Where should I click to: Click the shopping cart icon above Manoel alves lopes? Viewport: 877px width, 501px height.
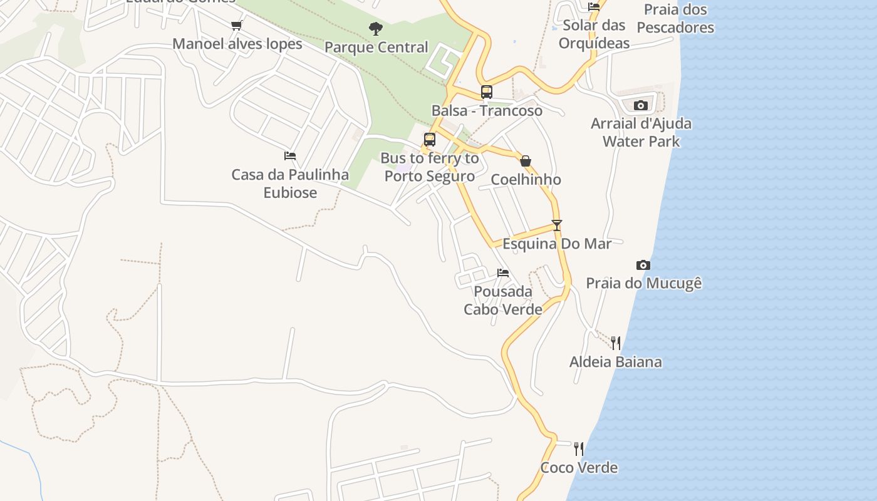(x=236, y=26)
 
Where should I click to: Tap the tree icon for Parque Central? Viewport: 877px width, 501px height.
(x=376, y=28)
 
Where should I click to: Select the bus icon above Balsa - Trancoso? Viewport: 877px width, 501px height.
(x=487, y=92)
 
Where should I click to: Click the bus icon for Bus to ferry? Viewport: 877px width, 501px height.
(x=430, y=140)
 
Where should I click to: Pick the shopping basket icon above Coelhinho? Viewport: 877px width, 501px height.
(x=526, y=162)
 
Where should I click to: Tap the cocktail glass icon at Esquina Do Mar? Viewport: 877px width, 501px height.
(x=557, y=225)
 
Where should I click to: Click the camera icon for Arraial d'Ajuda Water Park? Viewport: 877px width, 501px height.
(x=640, y=105)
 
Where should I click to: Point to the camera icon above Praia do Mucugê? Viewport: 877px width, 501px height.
(x=643, y=265)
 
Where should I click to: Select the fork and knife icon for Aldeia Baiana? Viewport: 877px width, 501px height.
(x=616, y=343)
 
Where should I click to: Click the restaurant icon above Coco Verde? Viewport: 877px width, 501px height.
(x=579, y=448)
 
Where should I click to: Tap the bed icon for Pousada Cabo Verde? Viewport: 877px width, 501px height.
(x=502, y=273)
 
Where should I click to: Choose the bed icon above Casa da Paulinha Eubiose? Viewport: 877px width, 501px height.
(x=290, y=155)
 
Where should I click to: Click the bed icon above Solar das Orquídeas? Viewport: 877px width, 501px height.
(x=594, y=7)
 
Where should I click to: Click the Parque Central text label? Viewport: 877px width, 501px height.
(x=376, y=48)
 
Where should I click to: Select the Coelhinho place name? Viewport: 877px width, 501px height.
(x=526, y=180)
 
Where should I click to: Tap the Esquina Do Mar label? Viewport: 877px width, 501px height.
(x=557, y=244)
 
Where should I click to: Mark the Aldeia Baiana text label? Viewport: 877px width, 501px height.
(x=615, y=361)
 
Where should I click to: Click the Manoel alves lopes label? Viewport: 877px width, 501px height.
(x=237, y=44)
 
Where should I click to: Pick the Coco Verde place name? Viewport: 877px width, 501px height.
(x=579, y=467)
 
